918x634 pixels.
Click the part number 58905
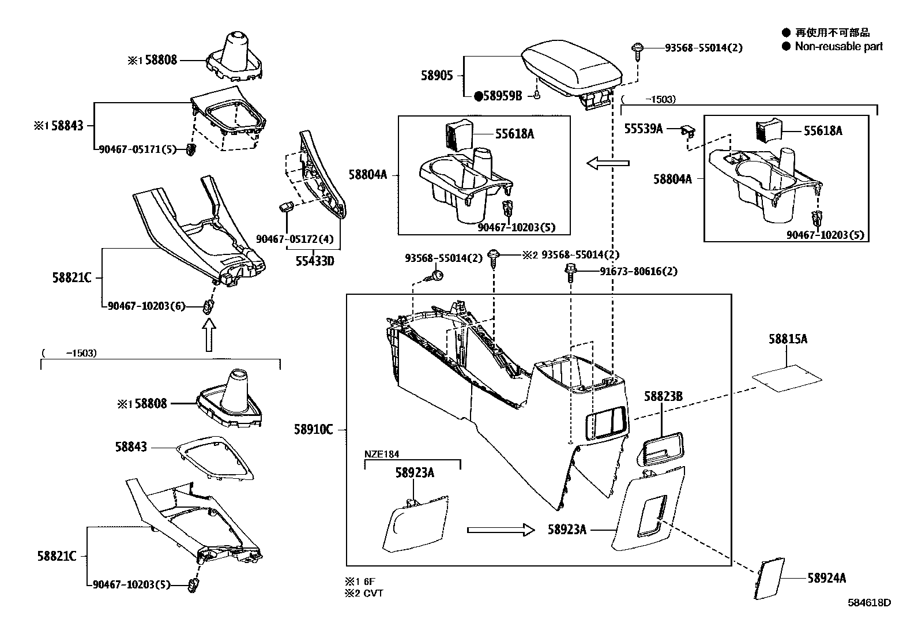coord(437,76)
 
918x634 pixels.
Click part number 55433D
coord(315,261)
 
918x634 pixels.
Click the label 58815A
coord(788,339)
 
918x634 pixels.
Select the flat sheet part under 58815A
coord(787,378)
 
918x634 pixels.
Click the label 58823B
coord(663,396)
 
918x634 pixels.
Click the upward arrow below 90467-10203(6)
coord(209,336)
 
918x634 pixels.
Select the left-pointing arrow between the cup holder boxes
coord(608,164)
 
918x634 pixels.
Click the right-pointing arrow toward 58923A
coord(501,530)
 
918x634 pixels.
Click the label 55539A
coord(644,129)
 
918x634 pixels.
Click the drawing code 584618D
coord(869,603)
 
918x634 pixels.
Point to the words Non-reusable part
coord(838,47)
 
